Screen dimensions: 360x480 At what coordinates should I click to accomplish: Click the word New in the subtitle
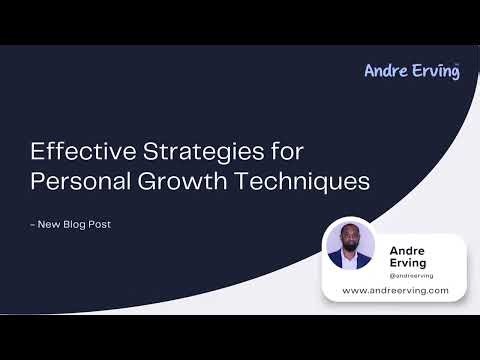(51, 224)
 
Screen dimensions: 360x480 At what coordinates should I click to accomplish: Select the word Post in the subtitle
(100, 224)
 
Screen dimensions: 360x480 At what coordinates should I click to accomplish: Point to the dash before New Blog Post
(34, 224)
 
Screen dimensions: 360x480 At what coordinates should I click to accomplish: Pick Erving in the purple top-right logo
(434, 70)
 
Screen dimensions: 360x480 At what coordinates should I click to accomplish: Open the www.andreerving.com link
(395, 290)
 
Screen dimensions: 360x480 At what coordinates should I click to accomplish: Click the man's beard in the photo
(350, 247)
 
